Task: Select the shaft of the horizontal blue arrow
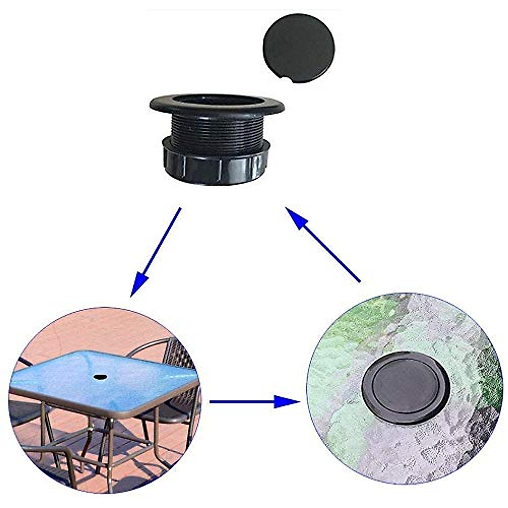(241, 401)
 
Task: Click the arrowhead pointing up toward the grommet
(296, 218)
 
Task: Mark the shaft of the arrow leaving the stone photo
(334, 256)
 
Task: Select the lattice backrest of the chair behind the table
(178, 356)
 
